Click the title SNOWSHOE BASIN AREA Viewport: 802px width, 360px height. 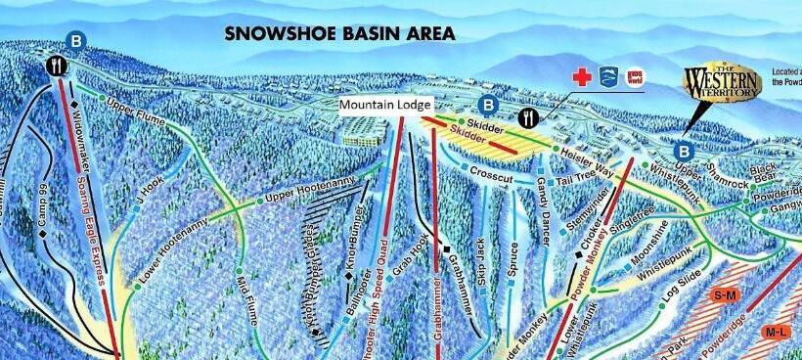[x=339, y=33]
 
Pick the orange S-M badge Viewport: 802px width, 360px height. [x=725, y=294]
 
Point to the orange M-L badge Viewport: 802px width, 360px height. [x=776, y=333]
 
